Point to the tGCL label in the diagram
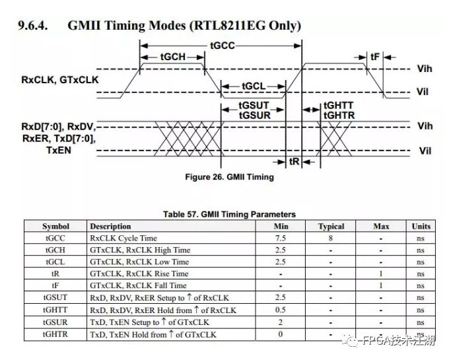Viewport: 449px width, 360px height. pos(253,86)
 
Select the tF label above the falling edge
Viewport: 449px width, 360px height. pos(375,57)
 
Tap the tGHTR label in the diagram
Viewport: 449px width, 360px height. pos(338,116)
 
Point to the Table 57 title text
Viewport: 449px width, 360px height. pos(229,214)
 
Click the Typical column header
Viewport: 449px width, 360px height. pos(331,227)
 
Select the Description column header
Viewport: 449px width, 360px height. pos(111,227)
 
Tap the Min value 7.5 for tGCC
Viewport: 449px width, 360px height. pos(281,238)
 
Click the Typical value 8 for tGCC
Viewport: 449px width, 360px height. pos(331,238)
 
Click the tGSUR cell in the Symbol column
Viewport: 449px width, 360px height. pos(55,322)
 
